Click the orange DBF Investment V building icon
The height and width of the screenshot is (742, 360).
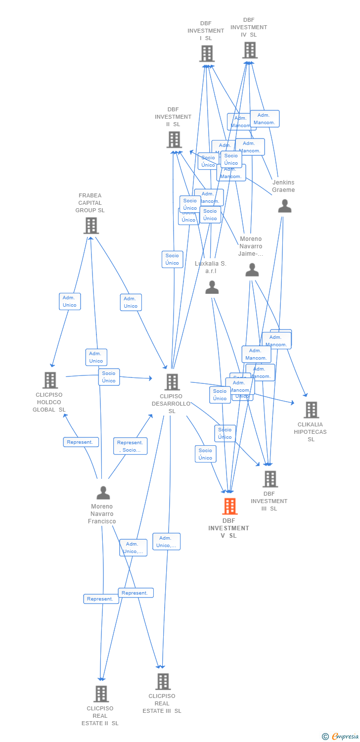coord(229,506)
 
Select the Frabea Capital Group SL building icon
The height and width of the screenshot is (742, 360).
coord(90,226)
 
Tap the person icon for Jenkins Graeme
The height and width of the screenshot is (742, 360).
coord(284,206)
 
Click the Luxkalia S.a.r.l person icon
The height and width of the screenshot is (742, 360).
coord(212,287)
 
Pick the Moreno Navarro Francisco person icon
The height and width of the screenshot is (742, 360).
coord(103,493)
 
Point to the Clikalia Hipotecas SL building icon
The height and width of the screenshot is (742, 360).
coord(311,410)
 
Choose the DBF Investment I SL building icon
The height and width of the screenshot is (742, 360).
coord(207,53)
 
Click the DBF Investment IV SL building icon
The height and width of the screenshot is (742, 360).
coord(250,50)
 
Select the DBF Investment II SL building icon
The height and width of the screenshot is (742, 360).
coord(174,139)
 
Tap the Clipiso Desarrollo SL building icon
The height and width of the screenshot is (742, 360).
coord(172,381)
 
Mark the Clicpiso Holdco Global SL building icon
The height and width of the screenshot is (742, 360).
coord(50,380)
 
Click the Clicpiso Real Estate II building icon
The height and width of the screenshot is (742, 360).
coord(101,694)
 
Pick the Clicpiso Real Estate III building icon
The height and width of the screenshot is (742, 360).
coord(163,681)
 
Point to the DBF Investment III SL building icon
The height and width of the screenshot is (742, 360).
coord(270,478)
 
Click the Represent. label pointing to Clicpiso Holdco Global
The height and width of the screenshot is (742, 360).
coord(81,442)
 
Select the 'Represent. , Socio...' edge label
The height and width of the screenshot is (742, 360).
coord(130,446)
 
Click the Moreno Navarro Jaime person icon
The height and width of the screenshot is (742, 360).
coord(252,270)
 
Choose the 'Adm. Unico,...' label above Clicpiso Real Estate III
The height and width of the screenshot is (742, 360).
coord(166,541)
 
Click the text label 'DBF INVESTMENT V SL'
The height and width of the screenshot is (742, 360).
coord(228,528)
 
